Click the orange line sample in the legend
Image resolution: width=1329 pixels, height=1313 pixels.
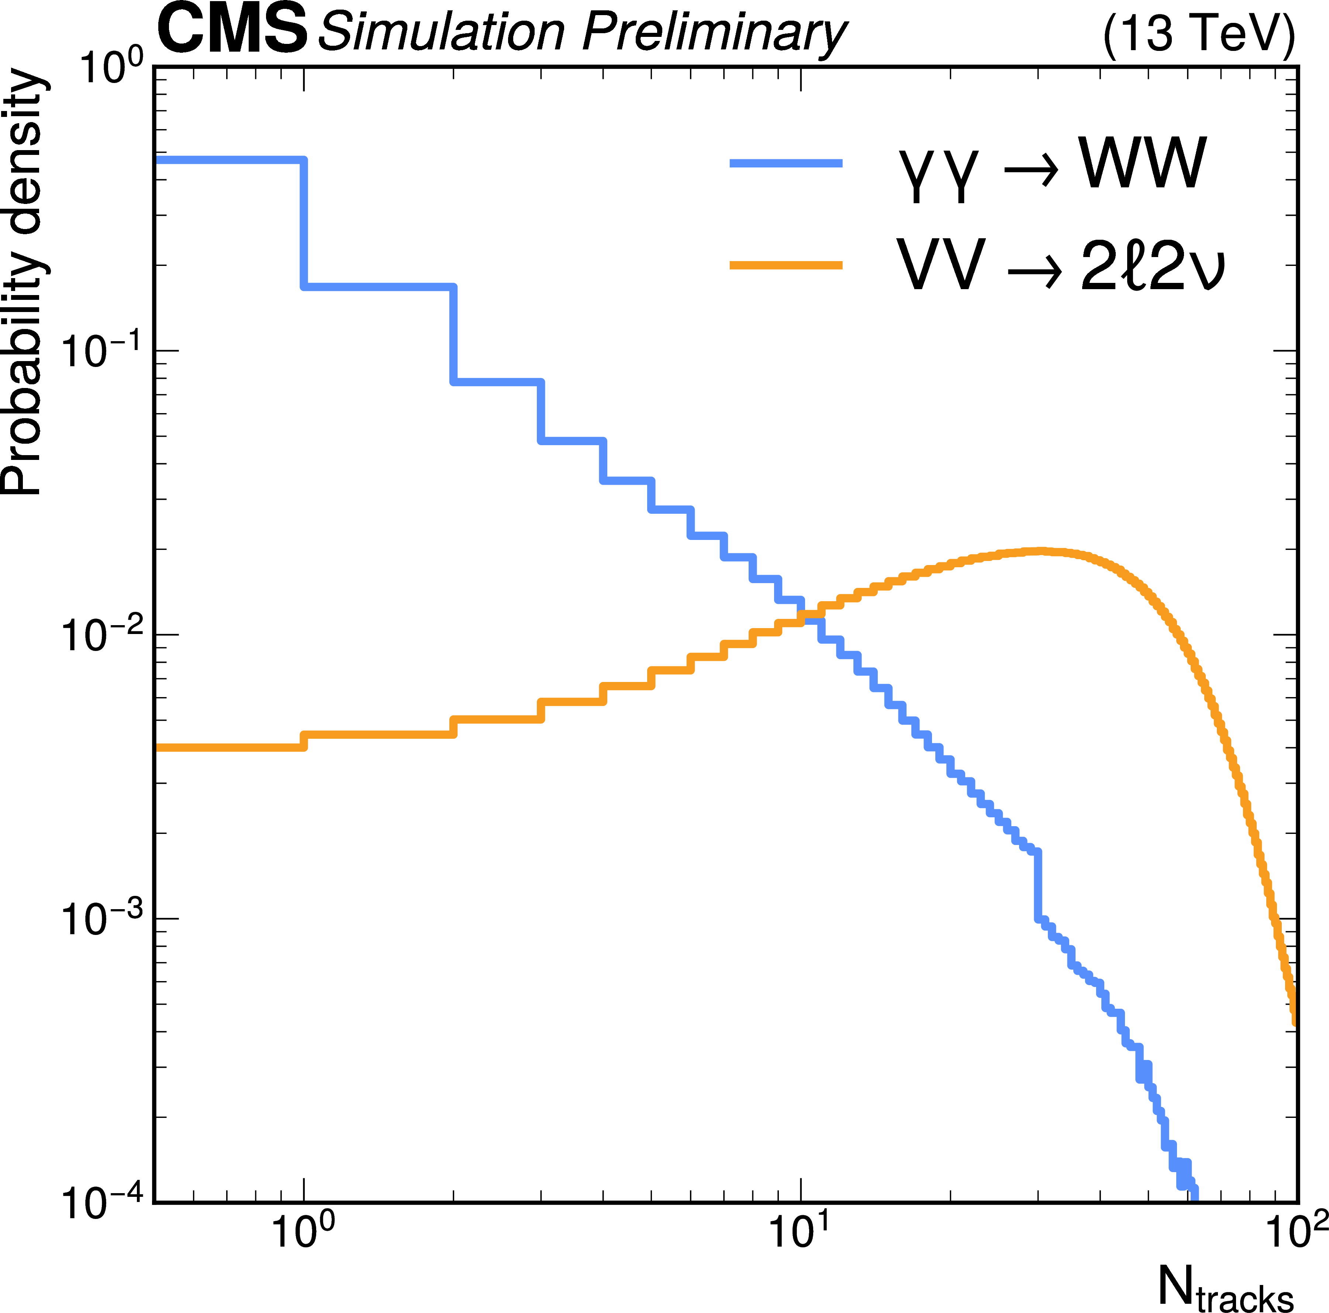tap(786, 265)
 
